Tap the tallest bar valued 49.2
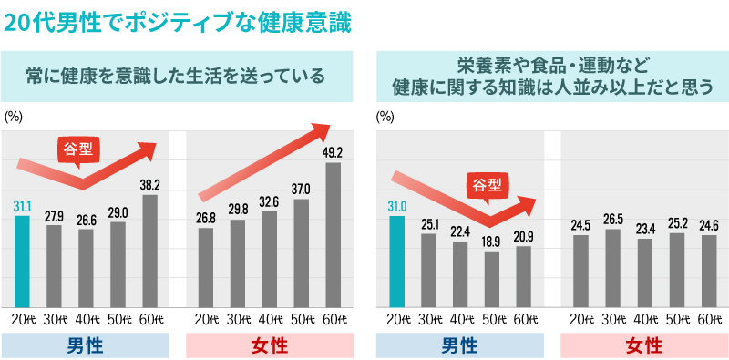333,235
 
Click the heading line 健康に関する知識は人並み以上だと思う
552,88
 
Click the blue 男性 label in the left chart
86,345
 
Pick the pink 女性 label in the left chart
270,345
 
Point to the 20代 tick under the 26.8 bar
206,319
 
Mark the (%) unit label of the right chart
385,117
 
